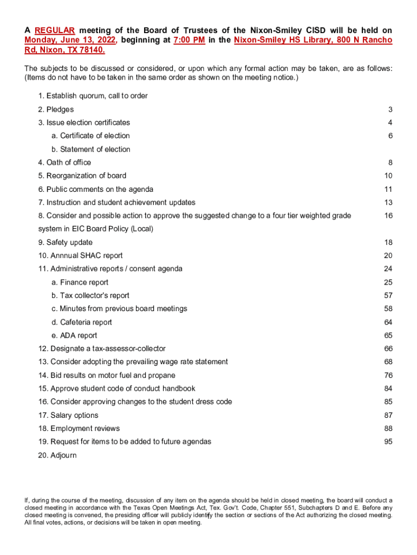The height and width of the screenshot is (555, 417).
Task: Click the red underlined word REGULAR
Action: [55, 30]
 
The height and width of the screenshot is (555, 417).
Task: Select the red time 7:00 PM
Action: [188, 40]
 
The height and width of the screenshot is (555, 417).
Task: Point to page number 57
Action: [388, 295]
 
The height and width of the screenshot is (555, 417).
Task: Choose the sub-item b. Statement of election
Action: [90, 149]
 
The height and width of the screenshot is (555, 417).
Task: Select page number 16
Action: [388, 216]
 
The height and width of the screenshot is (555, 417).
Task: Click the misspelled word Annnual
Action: [66, 256]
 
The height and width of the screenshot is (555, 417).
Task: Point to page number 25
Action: [388, 282]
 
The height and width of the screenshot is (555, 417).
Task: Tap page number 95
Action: [388, 442]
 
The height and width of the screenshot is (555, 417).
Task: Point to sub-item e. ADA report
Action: [74, 335]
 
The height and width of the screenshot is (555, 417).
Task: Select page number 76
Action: [388, 375]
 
